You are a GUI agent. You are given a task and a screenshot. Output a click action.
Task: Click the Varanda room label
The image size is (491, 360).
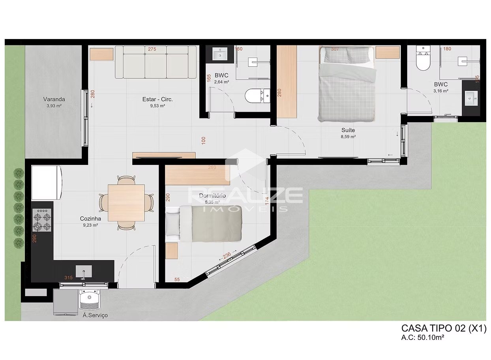[x=54, y=99]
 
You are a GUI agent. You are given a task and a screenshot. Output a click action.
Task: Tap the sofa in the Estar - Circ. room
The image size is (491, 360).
[x=156, y=62]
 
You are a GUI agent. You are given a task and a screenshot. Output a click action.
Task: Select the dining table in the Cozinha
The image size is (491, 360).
[x=126, y=202]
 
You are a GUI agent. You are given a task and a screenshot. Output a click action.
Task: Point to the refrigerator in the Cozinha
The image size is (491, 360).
[x=47, y=183]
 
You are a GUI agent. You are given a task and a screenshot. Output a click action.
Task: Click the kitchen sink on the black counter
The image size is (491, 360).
[x=84, y=271]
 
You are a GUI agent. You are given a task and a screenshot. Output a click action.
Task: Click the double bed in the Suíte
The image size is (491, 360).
[x=346, y=84]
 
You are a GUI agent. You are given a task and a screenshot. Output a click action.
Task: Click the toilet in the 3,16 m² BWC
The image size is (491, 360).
[x=423, y=61]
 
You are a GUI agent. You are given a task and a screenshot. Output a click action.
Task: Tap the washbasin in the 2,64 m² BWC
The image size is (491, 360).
[x=219, y=54]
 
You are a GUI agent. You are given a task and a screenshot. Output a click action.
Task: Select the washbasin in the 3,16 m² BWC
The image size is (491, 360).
[x=471, y=97]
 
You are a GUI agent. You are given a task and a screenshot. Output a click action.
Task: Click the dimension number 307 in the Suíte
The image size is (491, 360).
[x=335, y=49]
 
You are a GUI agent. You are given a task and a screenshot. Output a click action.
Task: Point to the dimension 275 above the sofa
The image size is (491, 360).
[x=152, y=49]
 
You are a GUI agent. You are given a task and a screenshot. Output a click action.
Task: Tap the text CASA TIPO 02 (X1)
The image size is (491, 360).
[x=444, y=328]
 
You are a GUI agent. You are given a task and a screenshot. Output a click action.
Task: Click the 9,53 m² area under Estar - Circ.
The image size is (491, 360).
[x=157, y=106]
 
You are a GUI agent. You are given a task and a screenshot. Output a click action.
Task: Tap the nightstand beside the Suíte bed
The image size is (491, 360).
[x=388, y=52]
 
